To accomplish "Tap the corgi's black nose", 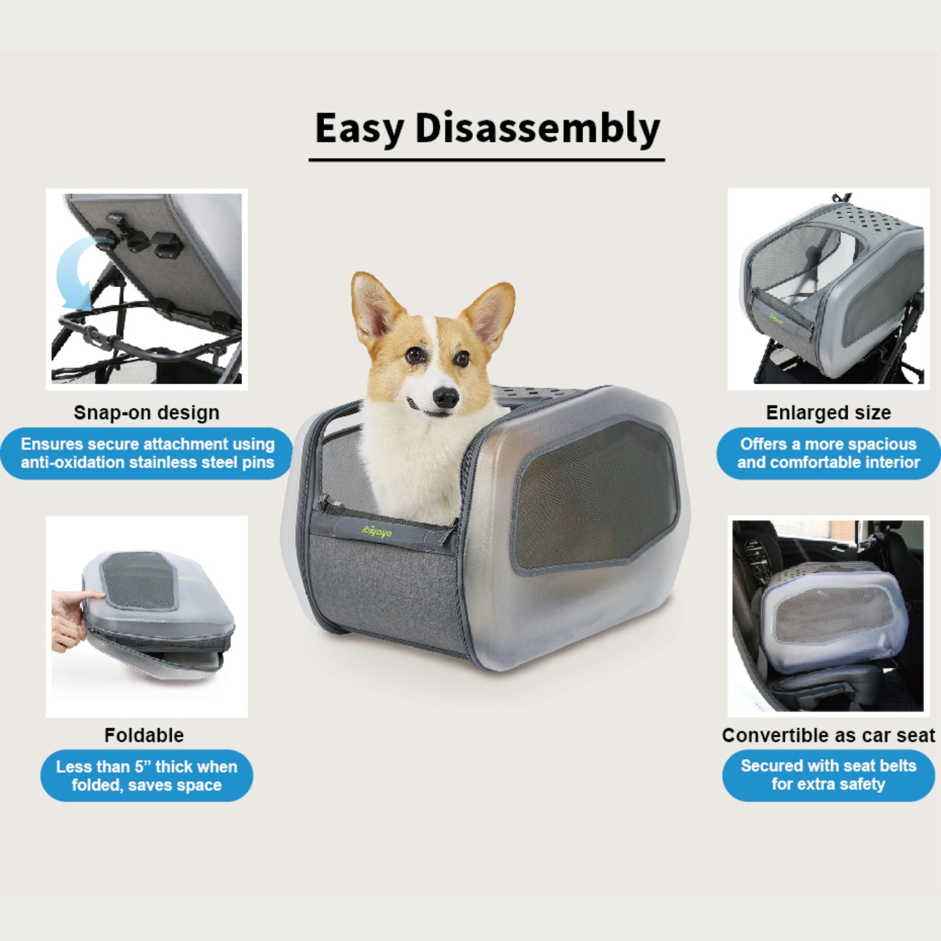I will click(x=447, y=397).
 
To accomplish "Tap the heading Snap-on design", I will click(x=146, y=413).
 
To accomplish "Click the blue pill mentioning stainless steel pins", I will click(x=147, y=453).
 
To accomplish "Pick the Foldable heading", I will click(x=144, y=735).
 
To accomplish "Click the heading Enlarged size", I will click(x=828, y=413).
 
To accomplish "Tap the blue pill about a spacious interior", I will click(x=828, y=453).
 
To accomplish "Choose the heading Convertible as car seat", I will click(x=828, y=735).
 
